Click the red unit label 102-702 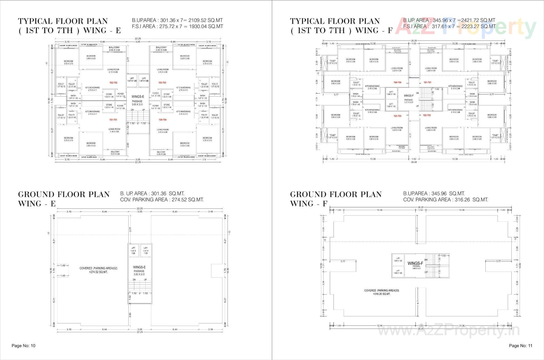click(x=113, y=83)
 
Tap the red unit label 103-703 click(x=162, y=83)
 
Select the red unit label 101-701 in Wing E click(x=113, y=120)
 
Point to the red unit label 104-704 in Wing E click(x=162, y=120)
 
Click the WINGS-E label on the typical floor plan click(x=138, y=97)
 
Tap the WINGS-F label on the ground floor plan click(x=415, y=263)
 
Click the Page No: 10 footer click(x=24, y=346)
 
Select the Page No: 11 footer click(x=520, y=346)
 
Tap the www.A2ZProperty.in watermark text click(x=449, y=330)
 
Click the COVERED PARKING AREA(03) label click(x=382, y=291)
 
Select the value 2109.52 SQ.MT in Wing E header click(x=204, y=20)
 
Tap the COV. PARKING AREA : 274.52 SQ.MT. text click(x=162, y=200)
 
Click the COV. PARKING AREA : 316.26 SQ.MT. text click(x=445, y=200)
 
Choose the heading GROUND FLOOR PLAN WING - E click(x=64, y=199)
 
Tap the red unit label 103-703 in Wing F click(x=397, y=116)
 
